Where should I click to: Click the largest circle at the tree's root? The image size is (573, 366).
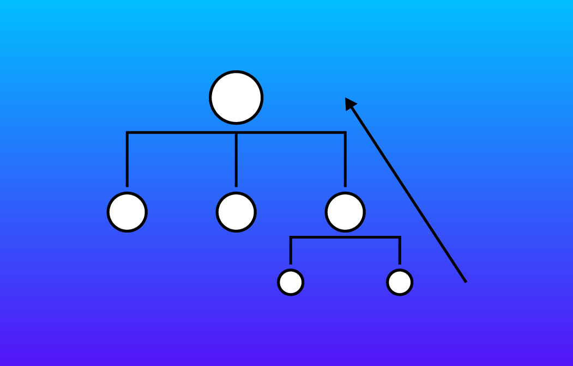tap(236, 97)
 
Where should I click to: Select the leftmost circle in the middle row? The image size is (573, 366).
tap(127, 212)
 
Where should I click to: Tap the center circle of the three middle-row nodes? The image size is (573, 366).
tap(236, 212)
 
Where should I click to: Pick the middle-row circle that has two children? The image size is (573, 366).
tap(345, 212)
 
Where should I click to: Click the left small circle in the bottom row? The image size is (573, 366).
tap(291, 282)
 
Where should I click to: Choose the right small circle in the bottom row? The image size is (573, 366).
tap(400, 282)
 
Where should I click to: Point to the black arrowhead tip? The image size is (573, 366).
tap(346, 99)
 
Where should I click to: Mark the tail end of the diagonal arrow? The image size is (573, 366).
tap(466, 282)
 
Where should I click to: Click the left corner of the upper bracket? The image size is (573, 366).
tap(127, 132)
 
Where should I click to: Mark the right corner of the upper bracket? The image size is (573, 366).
tap(345, 132)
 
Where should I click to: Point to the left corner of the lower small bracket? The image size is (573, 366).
tap(291, 237)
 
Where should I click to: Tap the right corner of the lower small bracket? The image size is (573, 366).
tap(400, 237)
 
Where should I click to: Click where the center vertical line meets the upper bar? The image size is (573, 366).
tap(236, 132)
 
